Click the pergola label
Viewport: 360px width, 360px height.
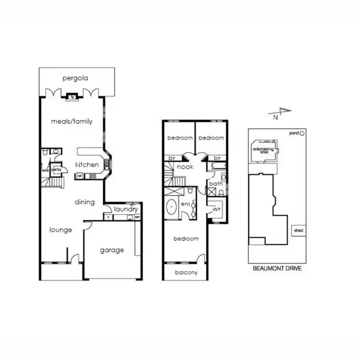76,78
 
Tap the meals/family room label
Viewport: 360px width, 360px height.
72,121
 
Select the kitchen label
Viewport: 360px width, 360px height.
87,165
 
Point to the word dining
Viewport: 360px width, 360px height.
84,202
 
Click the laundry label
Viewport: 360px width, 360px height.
126,209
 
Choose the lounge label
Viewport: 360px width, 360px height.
61,230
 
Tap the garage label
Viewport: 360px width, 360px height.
112,250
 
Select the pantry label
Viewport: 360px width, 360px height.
56,169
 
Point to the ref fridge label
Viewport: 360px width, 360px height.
80,176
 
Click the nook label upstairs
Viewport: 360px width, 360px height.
185,167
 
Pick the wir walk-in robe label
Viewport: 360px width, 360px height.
216,209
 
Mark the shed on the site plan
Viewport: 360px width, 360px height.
298,230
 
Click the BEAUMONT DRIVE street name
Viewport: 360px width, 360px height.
277,268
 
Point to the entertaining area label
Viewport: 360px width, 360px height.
263,150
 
